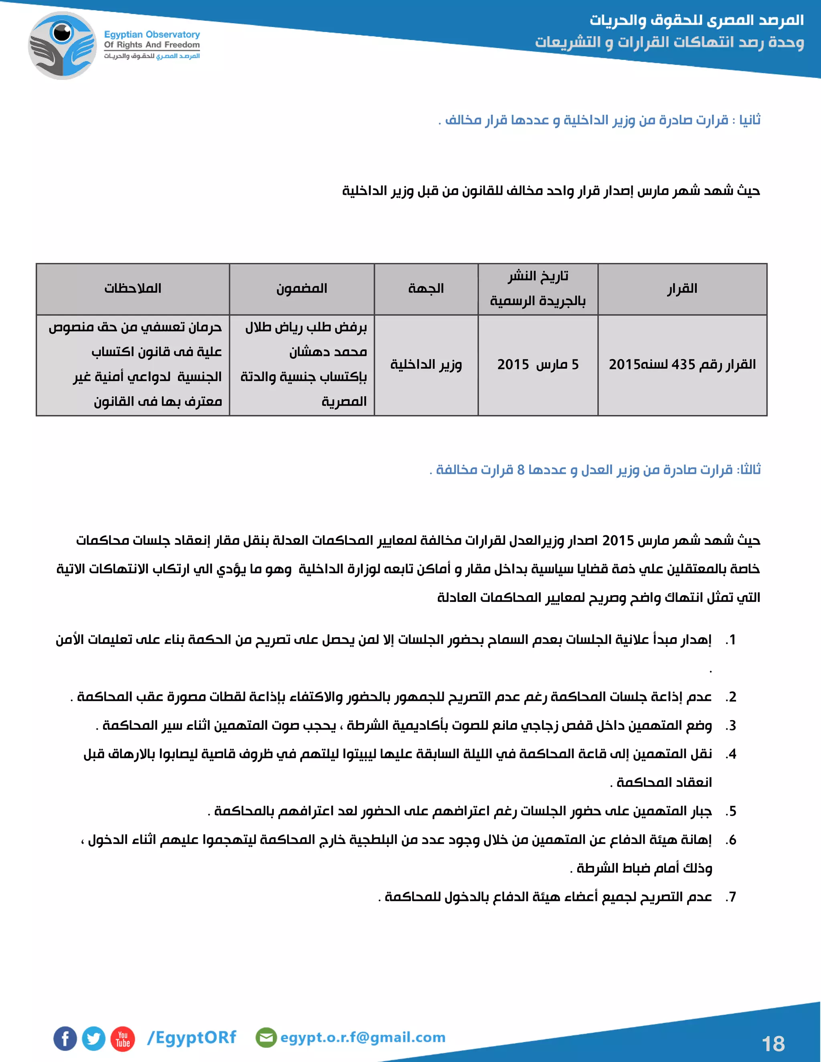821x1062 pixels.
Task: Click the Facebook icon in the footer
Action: (65, 1039)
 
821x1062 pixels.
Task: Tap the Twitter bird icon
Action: (93, 1039)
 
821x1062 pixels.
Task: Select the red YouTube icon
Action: (123, 1039)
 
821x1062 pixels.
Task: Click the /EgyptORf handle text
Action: (192, 1037)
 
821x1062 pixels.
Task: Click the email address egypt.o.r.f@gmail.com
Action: (362, 1037)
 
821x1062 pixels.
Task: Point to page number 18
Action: (773, 1044)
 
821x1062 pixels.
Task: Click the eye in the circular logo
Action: (62, 32)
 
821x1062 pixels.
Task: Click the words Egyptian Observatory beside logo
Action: (152, 34)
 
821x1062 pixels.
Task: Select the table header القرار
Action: (682, 289)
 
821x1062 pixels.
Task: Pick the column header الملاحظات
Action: (133, 289)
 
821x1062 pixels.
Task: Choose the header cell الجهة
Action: (426, 289)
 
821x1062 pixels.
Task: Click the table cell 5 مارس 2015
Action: (538, 365)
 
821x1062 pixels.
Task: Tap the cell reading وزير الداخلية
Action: (426, 365)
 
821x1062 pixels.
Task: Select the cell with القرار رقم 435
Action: (682, 365)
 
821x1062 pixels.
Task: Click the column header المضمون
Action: (301, 289)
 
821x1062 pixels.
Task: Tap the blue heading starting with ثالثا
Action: (595, 470)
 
